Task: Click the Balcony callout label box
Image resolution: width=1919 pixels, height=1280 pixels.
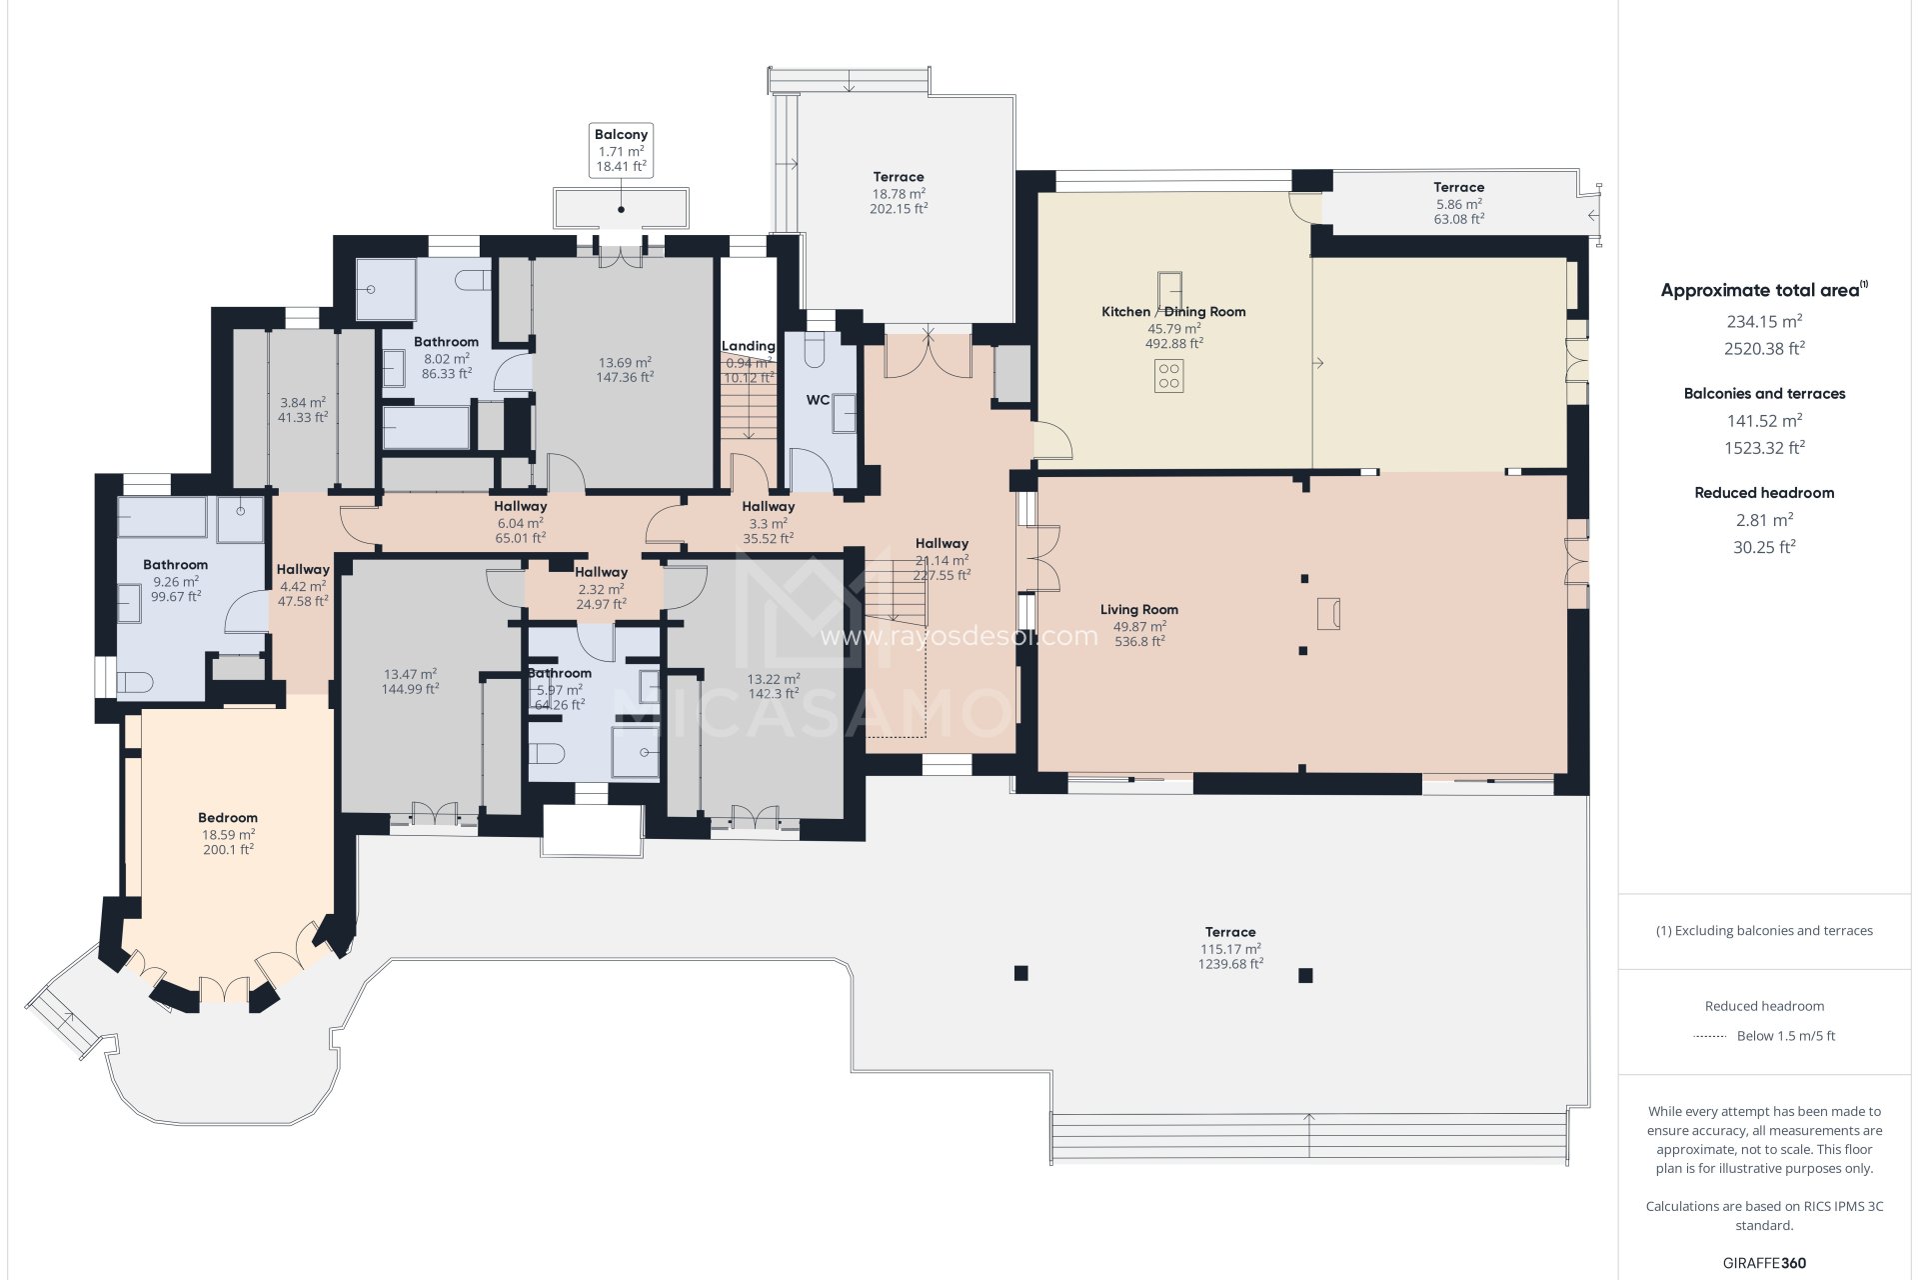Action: pyautogui.click(x=621, y=151)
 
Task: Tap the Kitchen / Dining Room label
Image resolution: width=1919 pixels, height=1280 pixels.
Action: pyautogui.click(x=1173, y=312)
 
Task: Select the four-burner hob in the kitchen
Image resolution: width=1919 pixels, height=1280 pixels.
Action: pyautogui.click(x=1168, y=377)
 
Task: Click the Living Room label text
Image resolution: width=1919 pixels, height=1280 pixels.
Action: pyautogui.click(x=1138, y=610)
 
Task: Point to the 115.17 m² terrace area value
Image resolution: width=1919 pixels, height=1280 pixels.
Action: pyautogui.click(x=1230, y=949)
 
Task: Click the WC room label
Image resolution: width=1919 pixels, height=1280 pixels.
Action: pyautogui.click(x=818, y=400)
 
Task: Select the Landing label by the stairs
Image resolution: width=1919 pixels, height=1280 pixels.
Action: pyautogui.click(x=749, y=346)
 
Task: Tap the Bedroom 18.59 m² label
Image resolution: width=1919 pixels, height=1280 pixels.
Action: pyautogui.click(x=228, y=818)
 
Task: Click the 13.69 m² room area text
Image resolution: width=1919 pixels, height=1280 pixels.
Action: pyautogui.click(x=625, y=363)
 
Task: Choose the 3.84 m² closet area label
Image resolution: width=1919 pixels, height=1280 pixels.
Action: pyautogui.click(x=303, y=403)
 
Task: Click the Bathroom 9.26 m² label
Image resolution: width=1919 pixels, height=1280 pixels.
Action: pyautogui.click(x=175, y=565)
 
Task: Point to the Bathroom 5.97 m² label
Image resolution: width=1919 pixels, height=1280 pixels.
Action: pyautogui.click(x=560, y=674)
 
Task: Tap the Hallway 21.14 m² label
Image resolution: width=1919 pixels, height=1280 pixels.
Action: pyautogui.click(x=942, y=544)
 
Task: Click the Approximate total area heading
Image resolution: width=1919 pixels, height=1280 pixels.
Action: pyautogui.click(x=1759, y=291)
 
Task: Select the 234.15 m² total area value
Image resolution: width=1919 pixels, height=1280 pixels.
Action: pyautogui.click(x=1764, y=322)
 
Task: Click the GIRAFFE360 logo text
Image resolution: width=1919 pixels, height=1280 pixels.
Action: pyautogui.click(x=1764, y=1263)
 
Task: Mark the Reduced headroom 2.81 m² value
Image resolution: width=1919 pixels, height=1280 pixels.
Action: pyautogui.click(x=1764, y=520)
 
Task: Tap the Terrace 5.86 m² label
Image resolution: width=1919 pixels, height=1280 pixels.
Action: pyautogui.click(x=1458, y=188)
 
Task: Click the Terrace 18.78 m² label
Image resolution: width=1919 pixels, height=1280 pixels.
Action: pyautogui.click(x=898, y=177)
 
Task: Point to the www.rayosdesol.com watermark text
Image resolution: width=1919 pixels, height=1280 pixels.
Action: pyautogui.click(x=958, y=637)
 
